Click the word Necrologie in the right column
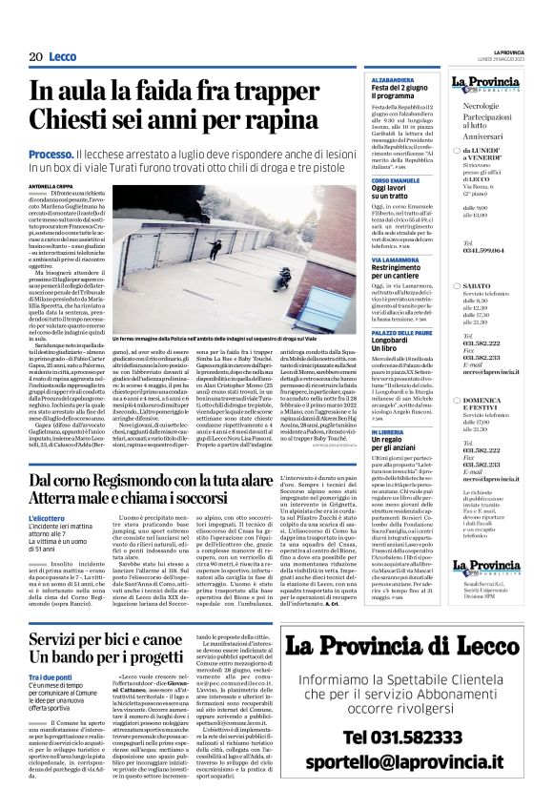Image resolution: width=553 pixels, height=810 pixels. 480,109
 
